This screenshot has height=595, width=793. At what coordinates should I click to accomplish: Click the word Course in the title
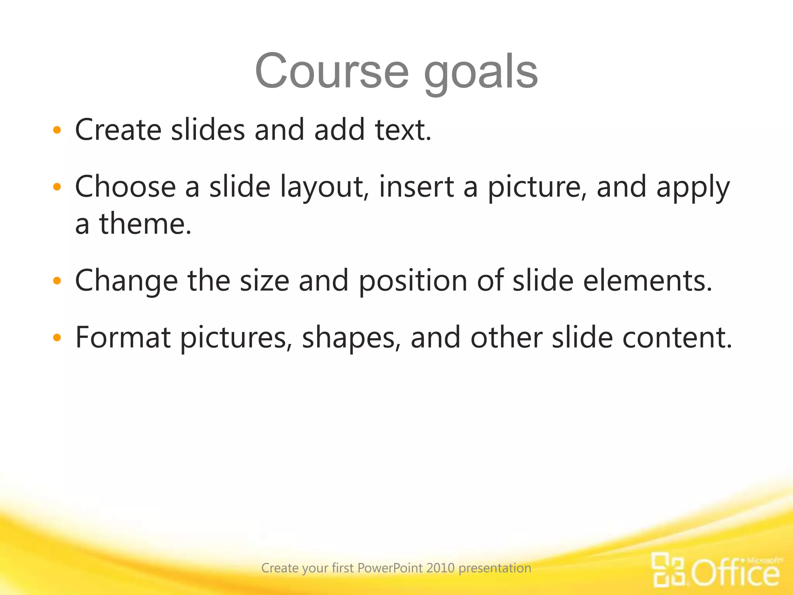(x=332, y=72)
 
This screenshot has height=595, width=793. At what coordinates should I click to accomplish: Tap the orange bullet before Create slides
(x=57, y=131)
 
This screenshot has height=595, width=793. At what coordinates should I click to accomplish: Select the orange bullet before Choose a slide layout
(x=57, y=187)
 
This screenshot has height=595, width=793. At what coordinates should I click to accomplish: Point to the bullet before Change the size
(x=57, y=281)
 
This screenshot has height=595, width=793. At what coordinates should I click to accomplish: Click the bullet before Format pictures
(x=57, y=338)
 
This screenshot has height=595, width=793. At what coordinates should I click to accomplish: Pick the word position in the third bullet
(x=413, y=281)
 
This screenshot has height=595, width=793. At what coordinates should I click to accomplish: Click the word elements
(x=647, y=281)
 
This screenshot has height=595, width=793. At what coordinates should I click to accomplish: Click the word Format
(x=123, y=338)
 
